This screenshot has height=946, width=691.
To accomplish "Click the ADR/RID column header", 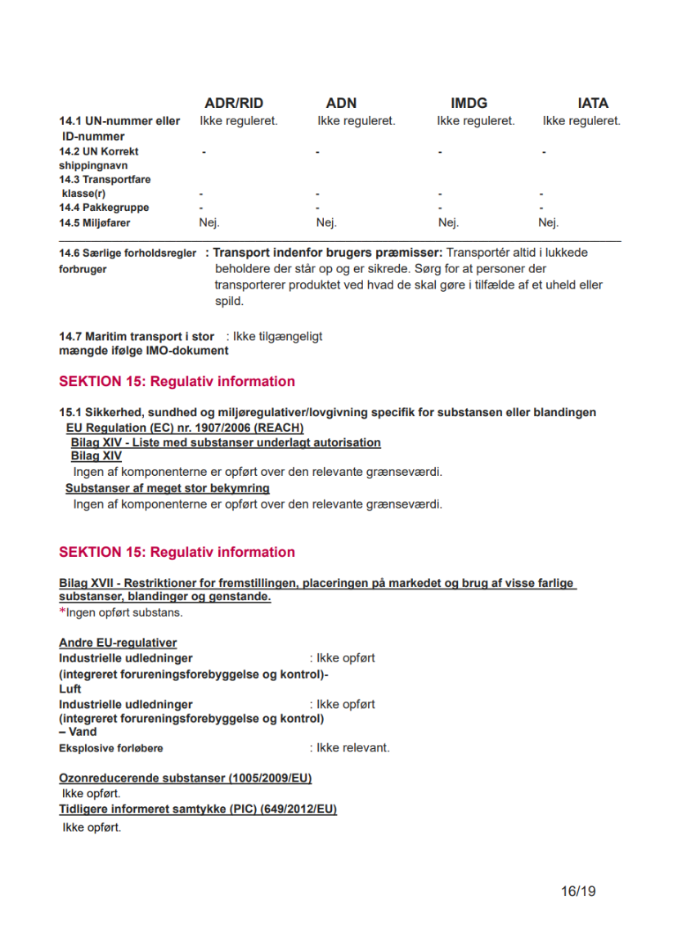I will pos(234,103).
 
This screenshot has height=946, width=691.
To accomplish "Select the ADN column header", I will pos(341,103).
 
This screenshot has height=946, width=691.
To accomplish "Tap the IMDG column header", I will pos(469,103).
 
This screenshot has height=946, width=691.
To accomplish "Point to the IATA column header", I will pos(593,103).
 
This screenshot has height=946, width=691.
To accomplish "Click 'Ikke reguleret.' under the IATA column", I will pos(581,121).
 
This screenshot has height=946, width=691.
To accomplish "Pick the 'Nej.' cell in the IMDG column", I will pos(448,222).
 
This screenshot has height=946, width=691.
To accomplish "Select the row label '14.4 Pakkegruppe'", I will pos(104,208).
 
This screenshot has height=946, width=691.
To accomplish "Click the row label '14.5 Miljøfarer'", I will pos(94,222).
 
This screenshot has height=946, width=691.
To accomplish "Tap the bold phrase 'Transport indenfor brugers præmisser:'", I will pos(328,253).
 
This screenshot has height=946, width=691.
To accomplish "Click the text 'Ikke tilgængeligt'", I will pos(277,336).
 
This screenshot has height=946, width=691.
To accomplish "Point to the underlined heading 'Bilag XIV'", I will pos(96,456).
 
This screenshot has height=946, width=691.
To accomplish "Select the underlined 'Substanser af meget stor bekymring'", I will pos(168,488).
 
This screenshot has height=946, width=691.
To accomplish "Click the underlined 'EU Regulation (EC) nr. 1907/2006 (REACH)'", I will pos(185,428).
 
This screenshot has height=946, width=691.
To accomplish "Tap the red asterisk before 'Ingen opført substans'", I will pos(61,612).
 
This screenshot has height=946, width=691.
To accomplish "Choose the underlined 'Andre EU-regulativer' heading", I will pos(118,643).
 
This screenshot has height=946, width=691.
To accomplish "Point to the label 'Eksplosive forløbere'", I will pos(110,748).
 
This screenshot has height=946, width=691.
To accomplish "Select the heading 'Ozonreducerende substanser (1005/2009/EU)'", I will pos(185,778).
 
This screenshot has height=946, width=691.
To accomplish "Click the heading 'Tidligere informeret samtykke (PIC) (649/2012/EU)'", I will pos(198,809).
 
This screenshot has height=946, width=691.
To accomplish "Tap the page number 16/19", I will pos(578,890).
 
